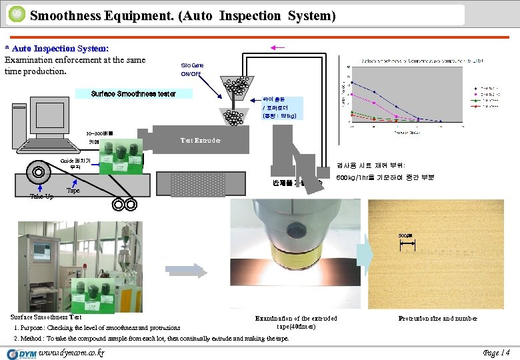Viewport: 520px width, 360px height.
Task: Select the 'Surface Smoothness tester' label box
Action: pos(134,94)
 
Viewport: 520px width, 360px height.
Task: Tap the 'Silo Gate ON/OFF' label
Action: pos(193,69)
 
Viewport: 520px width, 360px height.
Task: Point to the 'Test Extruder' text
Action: pos(199,141)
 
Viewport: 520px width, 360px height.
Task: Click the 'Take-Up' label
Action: pos(41,197)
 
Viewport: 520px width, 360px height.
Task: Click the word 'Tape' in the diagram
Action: pos(73,191)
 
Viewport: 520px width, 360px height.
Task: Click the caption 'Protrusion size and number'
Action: pos(437,319)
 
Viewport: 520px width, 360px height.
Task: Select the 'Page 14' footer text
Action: pos(496,351)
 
